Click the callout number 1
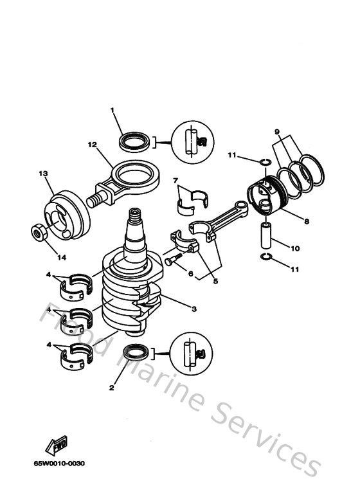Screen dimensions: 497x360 pyautogui.click(x=112, y=111)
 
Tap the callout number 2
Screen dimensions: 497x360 pyautogui.click(x=112, y=388)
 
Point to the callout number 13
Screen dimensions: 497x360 pyautogui.click(x=44, y=174)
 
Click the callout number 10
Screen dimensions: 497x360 pyautogui.click(x=295, y=248)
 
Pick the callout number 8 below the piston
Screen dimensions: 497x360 pyautogui.click(x=307, y=221)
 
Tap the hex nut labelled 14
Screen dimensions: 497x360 pyautogui.click(x=38, y=231)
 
